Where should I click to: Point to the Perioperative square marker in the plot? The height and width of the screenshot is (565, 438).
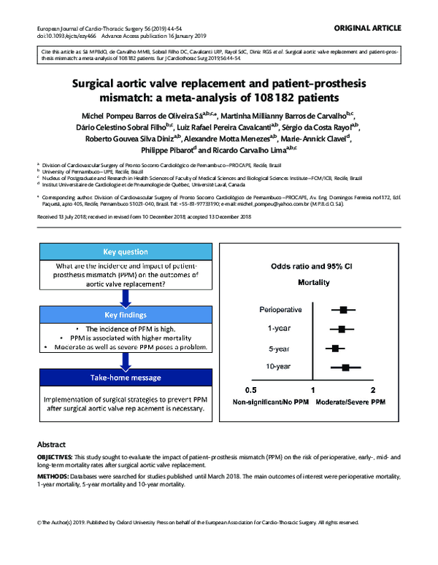[342, 310]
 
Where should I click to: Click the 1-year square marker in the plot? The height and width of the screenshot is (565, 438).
[342, 330]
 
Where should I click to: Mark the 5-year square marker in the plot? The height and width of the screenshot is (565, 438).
[336, 348]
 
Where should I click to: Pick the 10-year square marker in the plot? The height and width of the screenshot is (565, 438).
[346, 368]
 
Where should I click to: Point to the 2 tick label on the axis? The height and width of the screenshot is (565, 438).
[374, 390]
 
